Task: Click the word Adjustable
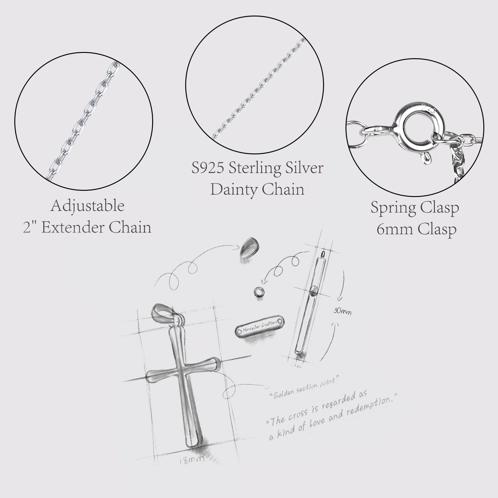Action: click(87, 206)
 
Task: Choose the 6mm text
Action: click(395, 229)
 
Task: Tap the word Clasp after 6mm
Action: click(437, 229)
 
